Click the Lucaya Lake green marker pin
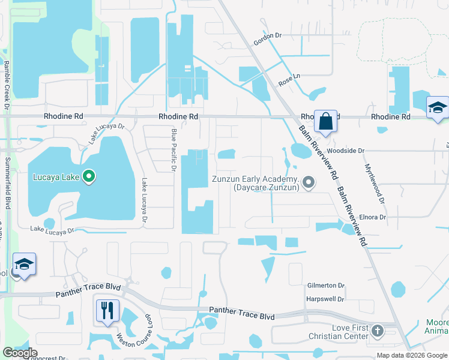(89, 176)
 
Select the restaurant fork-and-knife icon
(107, 310)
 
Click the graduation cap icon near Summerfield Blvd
(25, 265)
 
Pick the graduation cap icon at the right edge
(438, 108)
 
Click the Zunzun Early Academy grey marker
(309, 181)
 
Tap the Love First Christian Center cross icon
(377, 331)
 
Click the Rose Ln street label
(289, 77)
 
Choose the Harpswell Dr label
(325, 298)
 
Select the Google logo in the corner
(20, 353)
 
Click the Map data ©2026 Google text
(412, 355)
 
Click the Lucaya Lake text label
(53, 177)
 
